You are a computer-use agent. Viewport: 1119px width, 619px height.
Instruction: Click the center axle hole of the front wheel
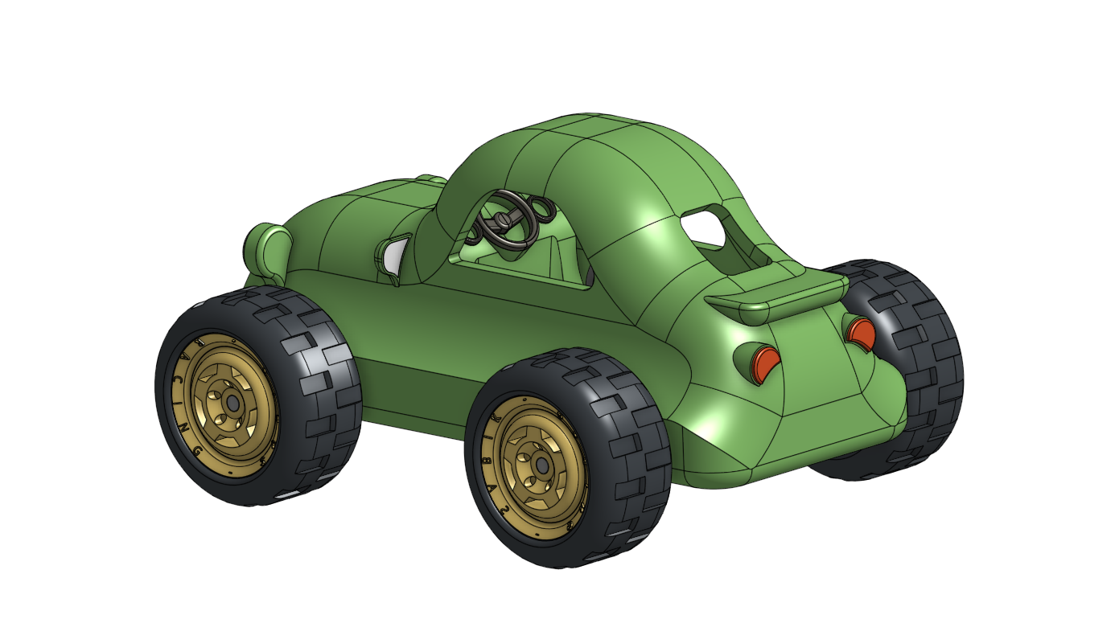233,403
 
